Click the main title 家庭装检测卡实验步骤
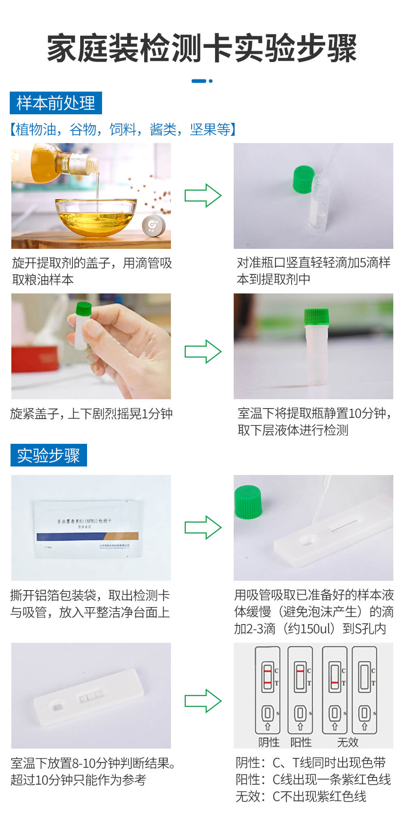point(202,48)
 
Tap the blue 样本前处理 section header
point(56,103)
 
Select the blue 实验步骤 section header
point(48,455)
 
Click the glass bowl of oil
point(96,217)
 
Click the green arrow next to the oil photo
point(203,196)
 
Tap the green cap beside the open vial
point(303,180)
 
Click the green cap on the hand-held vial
point(83,308)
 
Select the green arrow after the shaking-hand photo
point(203,351)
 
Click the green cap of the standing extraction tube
point(317,316)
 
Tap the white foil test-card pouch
point(88,529)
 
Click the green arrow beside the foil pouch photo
point(203,527)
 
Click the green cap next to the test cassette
point(248,501)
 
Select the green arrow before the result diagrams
point(203,701)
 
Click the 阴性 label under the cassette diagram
point(269,742)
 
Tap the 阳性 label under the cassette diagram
point(301,742)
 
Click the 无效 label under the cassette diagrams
point(348,742)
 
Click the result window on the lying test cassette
point(92,697)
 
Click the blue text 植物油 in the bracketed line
point(36,129)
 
